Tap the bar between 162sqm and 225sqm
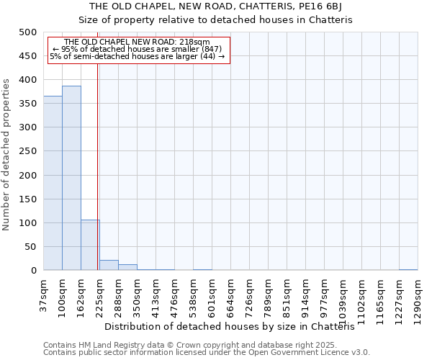pyautogui.click(x=90, y=246)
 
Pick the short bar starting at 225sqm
pyautogui.click(x=109, y=265)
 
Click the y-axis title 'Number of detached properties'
pyautogui.click(x=7, y=151)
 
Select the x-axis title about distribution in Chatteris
pyautogui.click(x=235, y=326)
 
